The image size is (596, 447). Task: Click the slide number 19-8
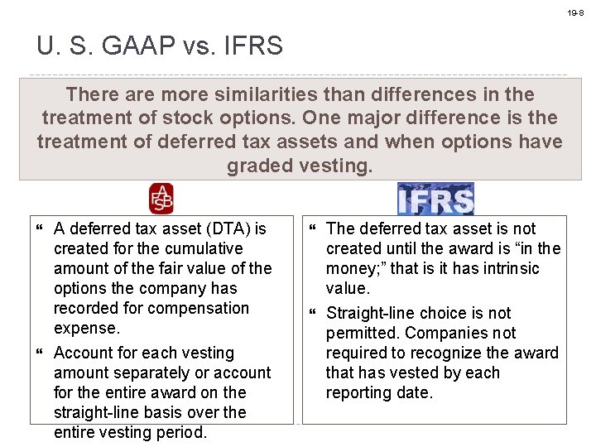click(575, 13)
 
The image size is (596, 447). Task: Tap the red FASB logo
click(161, 199)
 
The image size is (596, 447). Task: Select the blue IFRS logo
click(435, 199)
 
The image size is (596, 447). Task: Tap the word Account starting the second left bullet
click(85, 353)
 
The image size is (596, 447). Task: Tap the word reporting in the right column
click(360, 392)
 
